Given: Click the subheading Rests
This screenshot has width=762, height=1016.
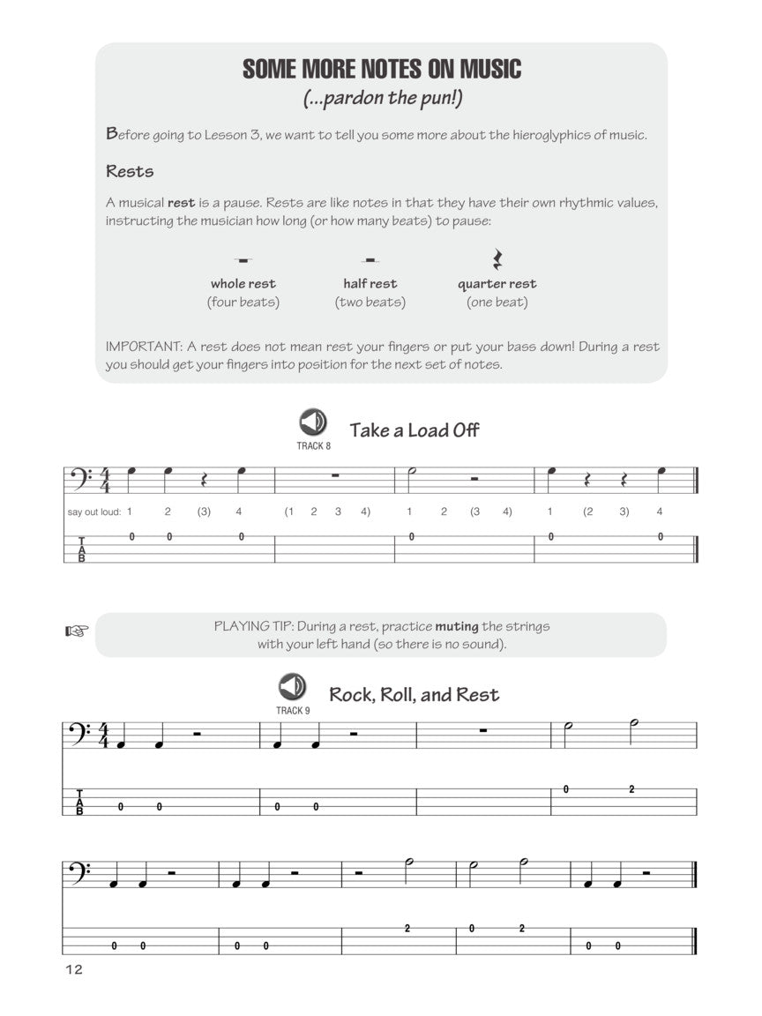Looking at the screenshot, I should [130, 171].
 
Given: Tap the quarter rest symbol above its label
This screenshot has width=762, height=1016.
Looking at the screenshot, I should [497, 259].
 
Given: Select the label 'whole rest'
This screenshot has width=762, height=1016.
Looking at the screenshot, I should [243, 284].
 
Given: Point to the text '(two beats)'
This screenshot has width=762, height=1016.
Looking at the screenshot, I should [370, 303].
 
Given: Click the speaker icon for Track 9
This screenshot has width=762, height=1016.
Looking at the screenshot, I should [292, 686].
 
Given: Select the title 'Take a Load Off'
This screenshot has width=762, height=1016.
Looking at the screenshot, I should [415, 430].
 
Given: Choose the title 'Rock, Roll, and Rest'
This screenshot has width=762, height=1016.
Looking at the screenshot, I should [414, 694].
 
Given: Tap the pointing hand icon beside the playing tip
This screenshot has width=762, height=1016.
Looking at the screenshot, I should [78, 631].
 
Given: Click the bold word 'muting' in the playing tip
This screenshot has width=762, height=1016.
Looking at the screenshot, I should [457, 626].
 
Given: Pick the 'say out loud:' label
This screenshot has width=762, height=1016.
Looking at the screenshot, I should [93, 512].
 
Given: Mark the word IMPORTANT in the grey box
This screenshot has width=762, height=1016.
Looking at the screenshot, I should [141, 347].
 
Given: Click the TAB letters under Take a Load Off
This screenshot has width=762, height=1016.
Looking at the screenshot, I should [82, 549].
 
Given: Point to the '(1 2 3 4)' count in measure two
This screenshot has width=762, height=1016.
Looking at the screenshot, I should [327, 512].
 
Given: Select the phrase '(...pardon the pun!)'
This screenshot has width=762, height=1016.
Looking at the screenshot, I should [382, 98].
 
